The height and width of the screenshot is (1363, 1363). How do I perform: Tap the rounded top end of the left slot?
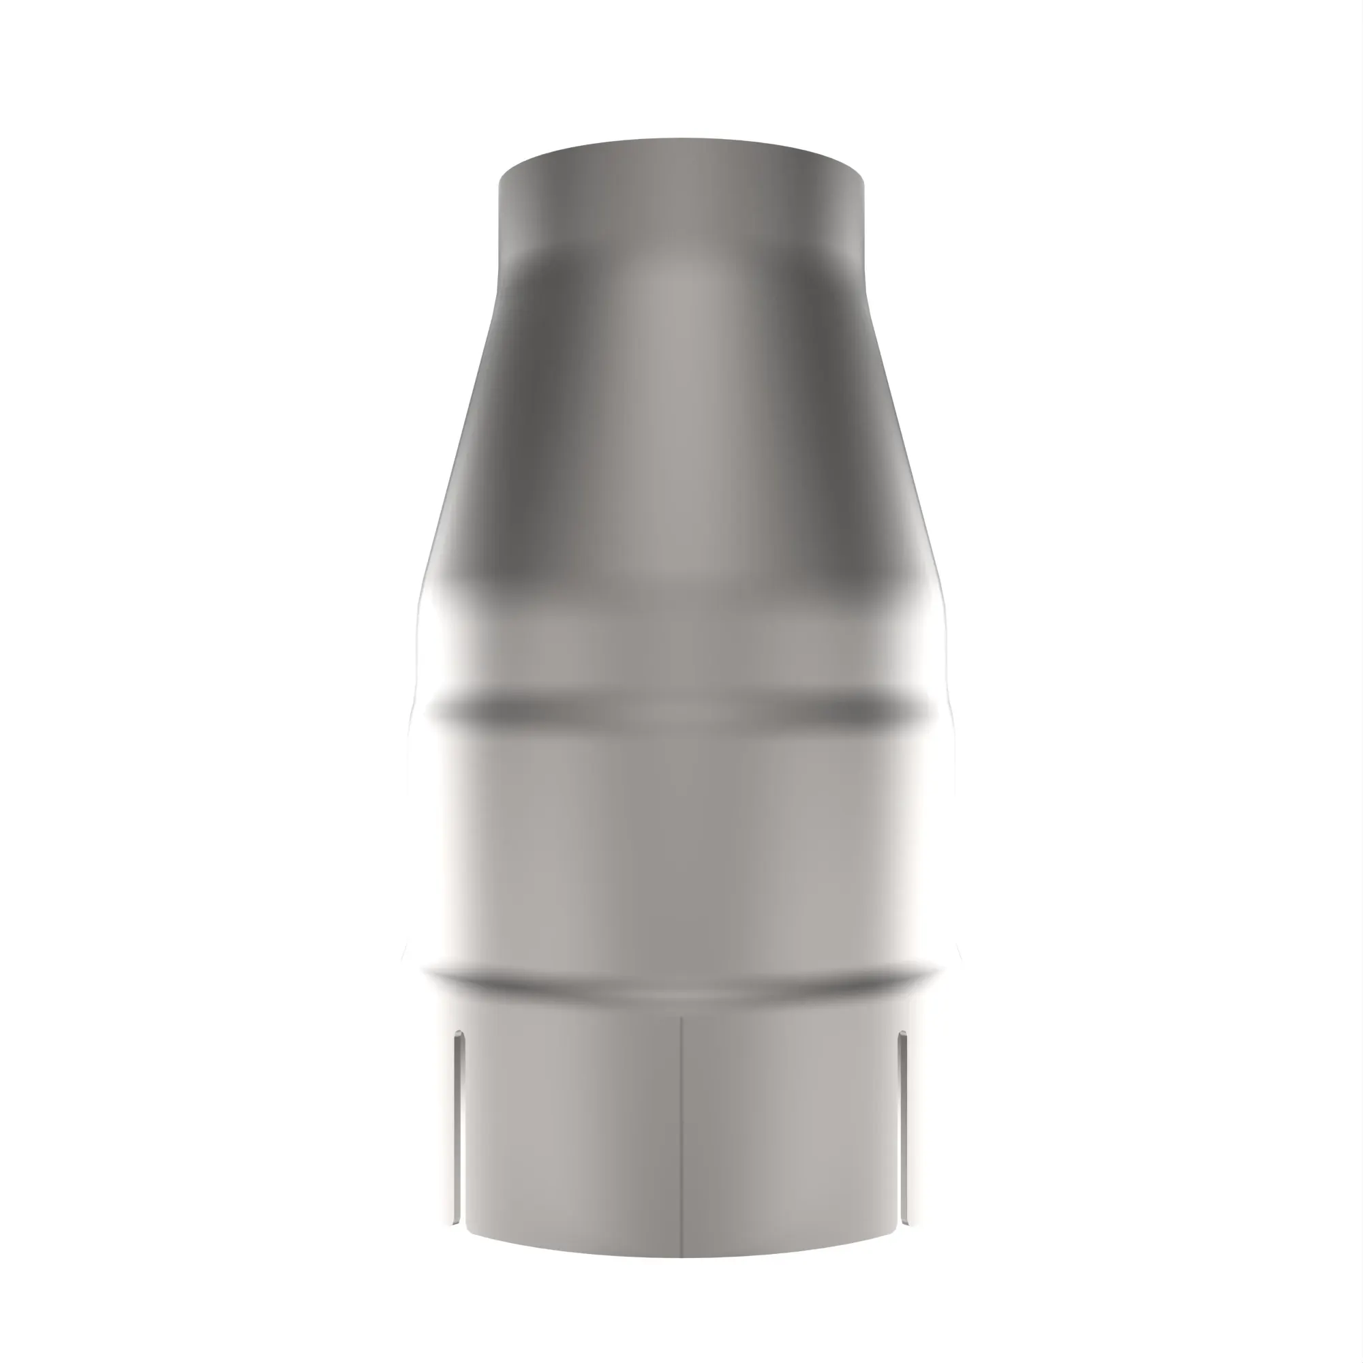pos(459,1037)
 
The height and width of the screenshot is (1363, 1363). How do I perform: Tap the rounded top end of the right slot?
pos(902,1037)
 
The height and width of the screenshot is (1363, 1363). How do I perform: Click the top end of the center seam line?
pos(681,1018)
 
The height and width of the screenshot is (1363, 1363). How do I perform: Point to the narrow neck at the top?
pos(681,204)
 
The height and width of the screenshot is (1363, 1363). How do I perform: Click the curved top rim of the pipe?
pos(681,141)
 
